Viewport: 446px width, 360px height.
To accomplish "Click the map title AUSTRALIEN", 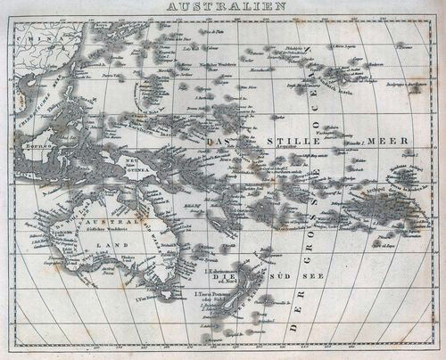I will click(223, 6).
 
